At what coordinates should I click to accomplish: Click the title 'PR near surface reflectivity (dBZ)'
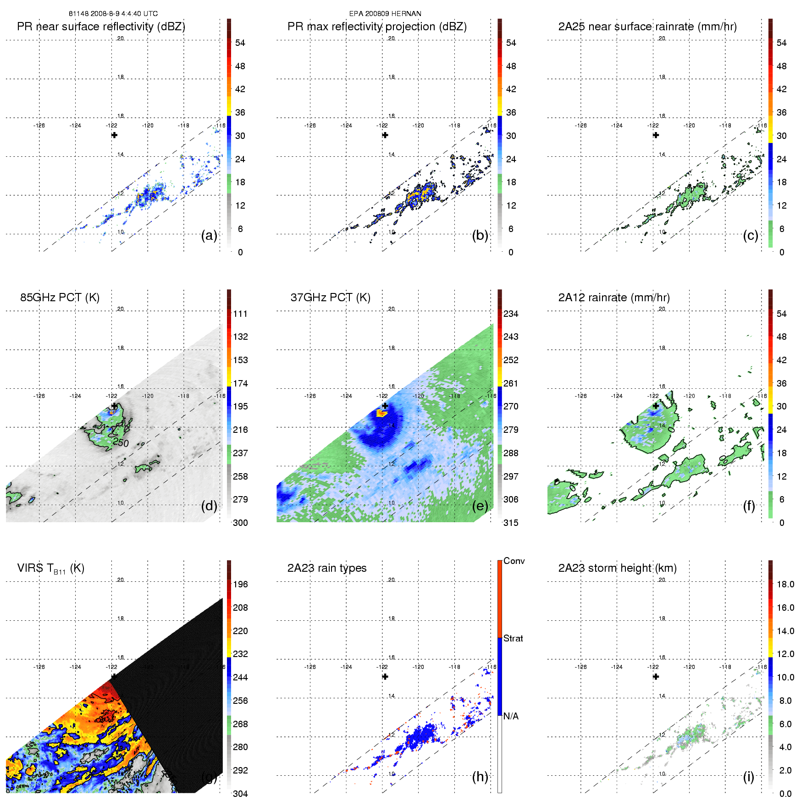tap(101, 27)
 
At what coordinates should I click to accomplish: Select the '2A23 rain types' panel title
tap(326, 568)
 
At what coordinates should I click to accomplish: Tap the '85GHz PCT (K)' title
tap(60, 297)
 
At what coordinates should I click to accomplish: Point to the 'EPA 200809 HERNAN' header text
tap(385, 13)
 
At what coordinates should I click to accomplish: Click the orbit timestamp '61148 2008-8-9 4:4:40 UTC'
tap(113, 13)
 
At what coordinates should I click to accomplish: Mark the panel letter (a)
tap(209, 235)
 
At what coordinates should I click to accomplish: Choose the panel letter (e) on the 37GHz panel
tap(480, 506)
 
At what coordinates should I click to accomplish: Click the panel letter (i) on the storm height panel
tap(748, 777)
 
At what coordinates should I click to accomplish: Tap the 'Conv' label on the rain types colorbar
tap(514, 561)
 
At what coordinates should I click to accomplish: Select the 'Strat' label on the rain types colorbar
tap(513, 638)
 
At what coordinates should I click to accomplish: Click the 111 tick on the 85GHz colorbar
tap(240, 314)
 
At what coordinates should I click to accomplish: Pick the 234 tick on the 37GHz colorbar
tap(510, 314)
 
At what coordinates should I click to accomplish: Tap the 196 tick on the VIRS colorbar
tap(240, 584)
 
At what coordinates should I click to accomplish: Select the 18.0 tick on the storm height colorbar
tap(785, 584)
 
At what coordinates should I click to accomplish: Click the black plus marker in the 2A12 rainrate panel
tap(656, 406)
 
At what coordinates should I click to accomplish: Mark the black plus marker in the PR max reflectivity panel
tap(385, 135)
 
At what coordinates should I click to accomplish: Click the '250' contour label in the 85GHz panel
tap(121, 443)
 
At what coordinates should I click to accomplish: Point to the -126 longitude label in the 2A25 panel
tap(580, 125)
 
